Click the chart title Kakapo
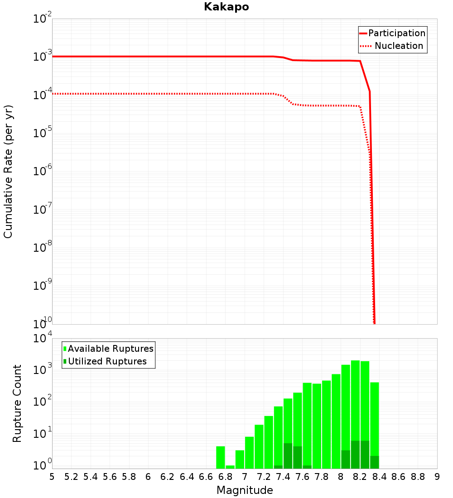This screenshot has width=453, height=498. tap(226, 7)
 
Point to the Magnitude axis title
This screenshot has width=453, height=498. tap(245, 490)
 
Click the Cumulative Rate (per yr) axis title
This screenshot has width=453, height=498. tap(8, 171)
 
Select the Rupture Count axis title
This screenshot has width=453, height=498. tap(17, 403)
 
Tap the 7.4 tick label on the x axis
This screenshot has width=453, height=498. tap(283, 477)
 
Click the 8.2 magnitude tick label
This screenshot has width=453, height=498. tap(360, 477)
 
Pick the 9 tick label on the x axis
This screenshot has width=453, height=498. tap(437, 477)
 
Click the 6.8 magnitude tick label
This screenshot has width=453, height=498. tap(225, 477)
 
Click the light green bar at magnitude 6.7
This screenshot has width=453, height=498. tap(221, 457)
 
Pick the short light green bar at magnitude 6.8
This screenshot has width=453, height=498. tap(230, 467)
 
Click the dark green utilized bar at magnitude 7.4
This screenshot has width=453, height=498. tap(288, 456)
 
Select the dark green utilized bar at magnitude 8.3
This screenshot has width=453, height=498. tap(375, 462)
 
